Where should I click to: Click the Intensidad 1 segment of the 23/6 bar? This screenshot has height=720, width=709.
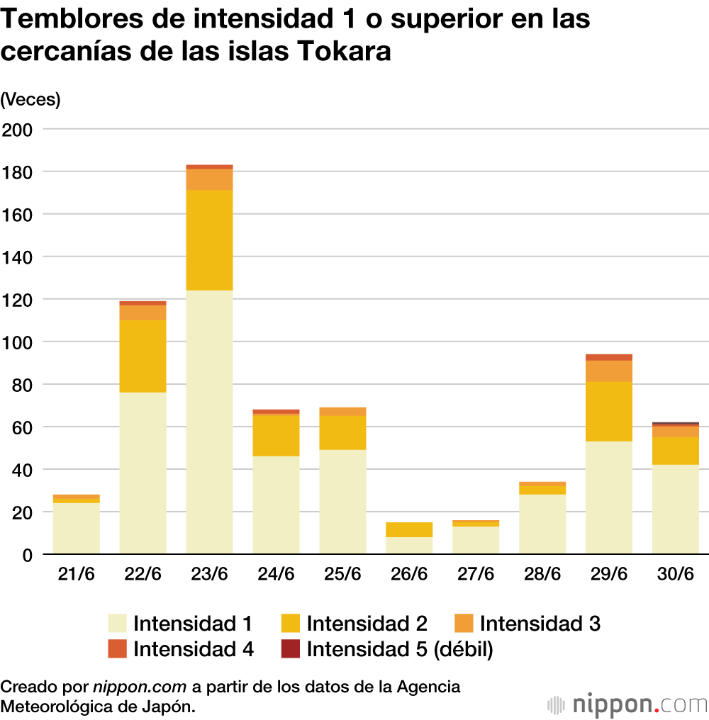click(x=209, y=422)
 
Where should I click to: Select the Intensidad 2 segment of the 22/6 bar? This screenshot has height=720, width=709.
click(x=143, y=356)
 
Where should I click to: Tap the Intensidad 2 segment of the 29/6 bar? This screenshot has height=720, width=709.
click(x=609, y=411)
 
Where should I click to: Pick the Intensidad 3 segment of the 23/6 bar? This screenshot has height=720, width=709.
click(x=209, y=179)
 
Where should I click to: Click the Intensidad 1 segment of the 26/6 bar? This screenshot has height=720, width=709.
click(x=409, y=545)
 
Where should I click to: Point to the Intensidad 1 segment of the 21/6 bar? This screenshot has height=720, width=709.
click(x=76, y=528)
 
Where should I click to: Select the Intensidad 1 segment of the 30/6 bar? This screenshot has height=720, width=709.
click(x=676, y=509)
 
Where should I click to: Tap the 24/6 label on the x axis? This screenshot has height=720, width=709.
click(x=276, y=574)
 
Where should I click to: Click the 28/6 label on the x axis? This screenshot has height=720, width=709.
click(x=542, y=574)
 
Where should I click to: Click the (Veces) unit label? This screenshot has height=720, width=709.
click(x=30, y=100)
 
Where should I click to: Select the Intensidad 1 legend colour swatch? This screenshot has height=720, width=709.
click(x=118, y=624)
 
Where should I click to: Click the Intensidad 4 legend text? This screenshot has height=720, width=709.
click(x=194, y=648)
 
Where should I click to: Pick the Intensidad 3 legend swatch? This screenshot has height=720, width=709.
click(x=464, y=624)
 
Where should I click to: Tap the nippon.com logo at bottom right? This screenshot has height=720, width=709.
click(x=628, y=704)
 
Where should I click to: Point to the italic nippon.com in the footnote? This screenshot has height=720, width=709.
click(x=140, y=687)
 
